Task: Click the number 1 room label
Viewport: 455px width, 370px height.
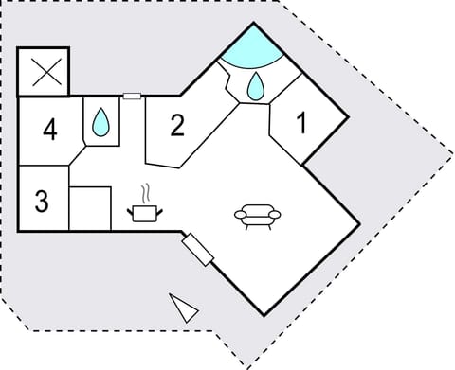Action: click(302, 123)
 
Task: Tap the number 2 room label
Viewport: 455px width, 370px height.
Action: click(176, 125)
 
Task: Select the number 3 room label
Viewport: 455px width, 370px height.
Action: click(41, 202)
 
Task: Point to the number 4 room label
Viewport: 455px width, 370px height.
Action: click(49, 129)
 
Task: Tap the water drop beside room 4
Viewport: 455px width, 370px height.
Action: click(101, 122)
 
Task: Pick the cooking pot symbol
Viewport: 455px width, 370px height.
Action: click(144, 212)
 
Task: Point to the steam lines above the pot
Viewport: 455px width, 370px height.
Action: click(145, 192)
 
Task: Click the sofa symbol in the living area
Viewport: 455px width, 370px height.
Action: click(257, 217)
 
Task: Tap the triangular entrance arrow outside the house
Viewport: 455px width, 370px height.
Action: click(184, 308)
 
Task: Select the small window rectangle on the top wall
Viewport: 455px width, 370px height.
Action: click(132, 96)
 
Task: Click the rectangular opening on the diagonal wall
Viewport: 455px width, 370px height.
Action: click(198, 249)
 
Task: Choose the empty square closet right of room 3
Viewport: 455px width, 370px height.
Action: click(91, 207)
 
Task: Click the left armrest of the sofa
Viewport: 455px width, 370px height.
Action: click(239, 217)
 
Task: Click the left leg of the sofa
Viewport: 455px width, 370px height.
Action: click(246, 226)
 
